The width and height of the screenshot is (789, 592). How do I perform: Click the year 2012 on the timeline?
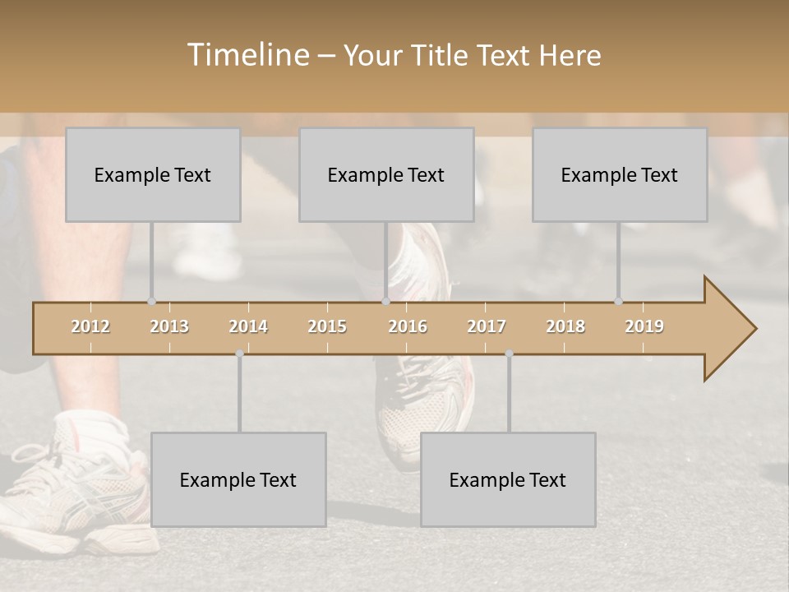pos(90,326)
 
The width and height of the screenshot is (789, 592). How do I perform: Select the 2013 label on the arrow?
pos(169,326)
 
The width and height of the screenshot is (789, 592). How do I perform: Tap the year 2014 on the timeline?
pos(248,326)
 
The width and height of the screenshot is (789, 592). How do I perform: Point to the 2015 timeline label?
pos(327,326)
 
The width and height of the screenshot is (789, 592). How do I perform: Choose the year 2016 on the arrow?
pos(408,326)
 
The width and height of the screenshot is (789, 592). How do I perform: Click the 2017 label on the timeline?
pos(487,326)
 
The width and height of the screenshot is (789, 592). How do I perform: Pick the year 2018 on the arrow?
pos(565,326)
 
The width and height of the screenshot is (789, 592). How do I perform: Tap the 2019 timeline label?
pos(644,326)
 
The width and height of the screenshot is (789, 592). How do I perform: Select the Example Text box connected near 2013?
pos(153,175)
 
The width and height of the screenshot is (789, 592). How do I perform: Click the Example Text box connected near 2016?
pos(386,175)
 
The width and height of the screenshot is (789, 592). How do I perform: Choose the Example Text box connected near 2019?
pos(620,175)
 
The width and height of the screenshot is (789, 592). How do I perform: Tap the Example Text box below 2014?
pos(238,480)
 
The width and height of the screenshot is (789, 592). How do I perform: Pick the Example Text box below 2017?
pos(508,480)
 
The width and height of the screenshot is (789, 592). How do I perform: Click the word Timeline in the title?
pos(247,55)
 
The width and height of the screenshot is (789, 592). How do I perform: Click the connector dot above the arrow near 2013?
pos(152,302)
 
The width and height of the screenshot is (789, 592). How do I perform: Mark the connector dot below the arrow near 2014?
pos(239,354)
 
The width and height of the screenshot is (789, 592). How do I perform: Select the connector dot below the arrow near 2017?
pos(509,354)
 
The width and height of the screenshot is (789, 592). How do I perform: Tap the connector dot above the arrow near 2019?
pos(619,302)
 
